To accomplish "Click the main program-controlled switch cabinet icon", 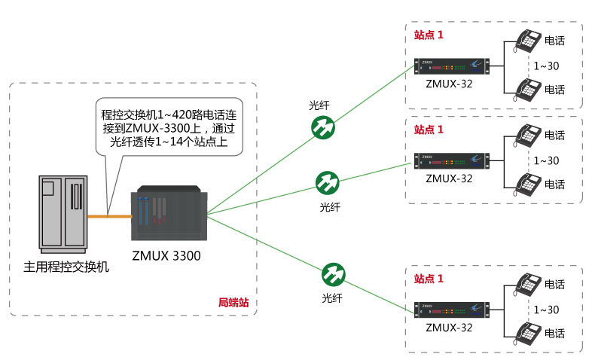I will pyautogui.click(x=63, y=212).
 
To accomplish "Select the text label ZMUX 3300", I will pyautogui.click(x=166, y=256).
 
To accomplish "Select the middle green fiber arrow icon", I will pyautogui.click(x=328, y=182).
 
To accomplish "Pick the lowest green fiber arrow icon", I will pyautogui.click(x=332, y=273).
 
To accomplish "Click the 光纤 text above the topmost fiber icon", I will pyautogui.click(x=320, y=106).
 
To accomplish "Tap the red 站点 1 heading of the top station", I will pyautogui.click(x=429, y=35).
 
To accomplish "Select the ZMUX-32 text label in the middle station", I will pyautogui.click(x=449, y=178).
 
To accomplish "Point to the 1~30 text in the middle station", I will pyautogui.click(x=546, y=160).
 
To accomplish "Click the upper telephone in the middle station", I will pyautogui.click(x=527, y=136).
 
